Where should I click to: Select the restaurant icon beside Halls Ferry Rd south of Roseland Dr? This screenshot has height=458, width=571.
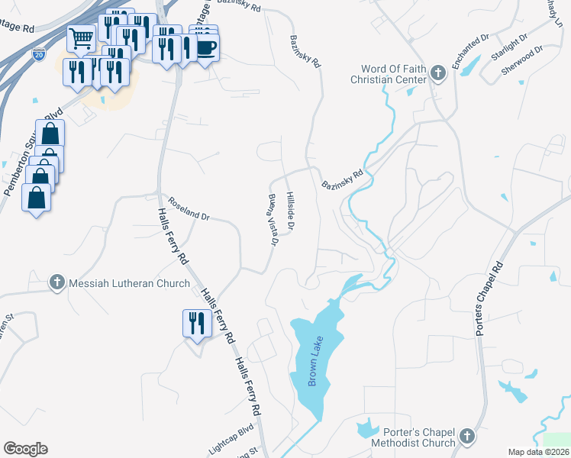pos(196,323)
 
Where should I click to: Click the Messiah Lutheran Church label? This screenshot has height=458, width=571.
pos(129,283)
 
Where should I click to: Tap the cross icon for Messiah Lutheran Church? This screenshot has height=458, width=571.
pos(56,282)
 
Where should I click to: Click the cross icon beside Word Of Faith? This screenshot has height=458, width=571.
pos(437,73)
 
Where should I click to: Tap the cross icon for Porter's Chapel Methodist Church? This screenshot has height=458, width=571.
pos(467,437)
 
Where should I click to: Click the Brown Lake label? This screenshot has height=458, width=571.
pos(312,368)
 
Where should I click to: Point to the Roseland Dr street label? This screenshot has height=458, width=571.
pos(189,211)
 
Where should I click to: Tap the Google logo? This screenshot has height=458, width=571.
pos(25,448)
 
